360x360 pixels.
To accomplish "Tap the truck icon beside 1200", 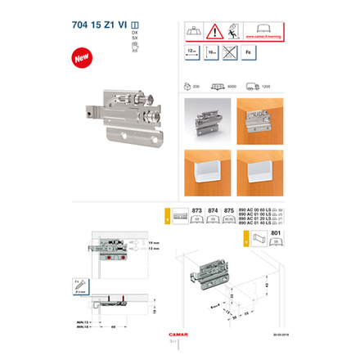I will coord(251,86).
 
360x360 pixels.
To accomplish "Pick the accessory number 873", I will coord(196,210).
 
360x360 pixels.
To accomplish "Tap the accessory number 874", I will coord(213,210).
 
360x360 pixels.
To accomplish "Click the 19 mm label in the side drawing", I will coord(155,243).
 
